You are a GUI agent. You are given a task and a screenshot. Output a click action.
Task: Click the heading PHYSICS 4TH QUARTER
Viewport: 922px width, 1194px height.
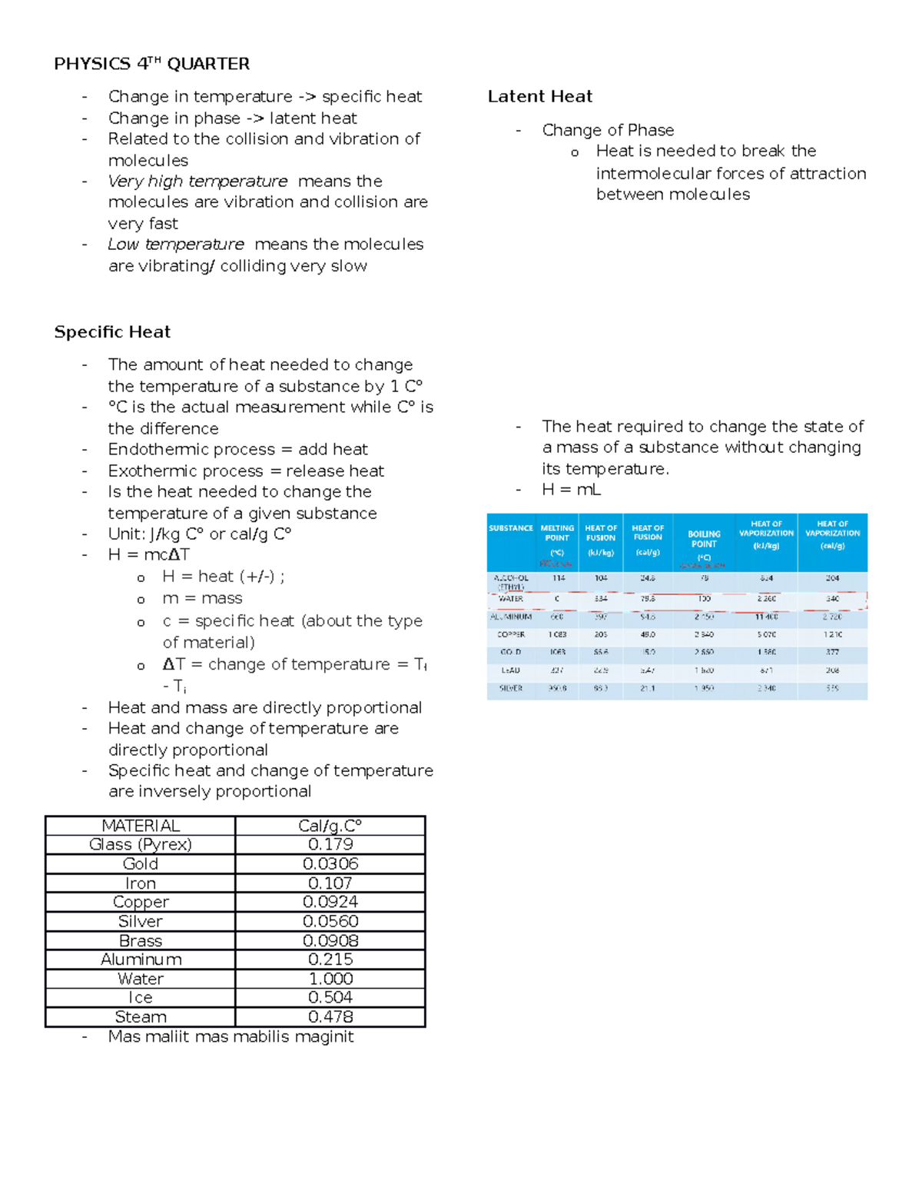click(151, 64)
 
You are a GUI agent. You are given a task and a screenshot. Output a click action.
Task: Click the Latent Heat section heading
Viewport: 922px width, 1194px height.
click(539, 97)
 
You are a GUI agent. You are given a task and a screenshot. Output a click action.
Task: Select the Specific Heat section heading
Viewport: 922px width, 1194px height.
click(112, 332)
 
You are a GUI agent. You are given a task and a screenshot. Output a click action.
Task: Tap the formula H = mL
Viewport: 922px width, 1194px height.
click(571, 490)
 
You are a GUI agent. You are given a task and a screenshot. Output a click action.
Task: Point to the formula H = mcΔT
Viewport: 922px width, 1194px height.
click(148, 555)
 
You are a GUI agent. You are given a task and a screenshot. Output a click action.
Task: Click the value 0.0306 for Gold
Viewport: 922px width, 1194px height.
click(330, 864)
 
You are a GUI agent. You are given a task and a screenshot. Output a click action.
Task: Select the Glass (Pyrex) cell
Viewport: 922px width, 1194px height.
click(141, 845)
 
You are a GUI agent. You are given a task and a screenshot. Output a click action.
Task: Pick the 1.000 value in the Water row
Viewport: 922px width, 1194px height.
click(330, 979)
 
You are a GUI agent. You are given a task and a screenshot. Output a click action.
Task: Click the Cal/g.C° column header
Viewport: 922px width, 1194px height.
click(330, 826)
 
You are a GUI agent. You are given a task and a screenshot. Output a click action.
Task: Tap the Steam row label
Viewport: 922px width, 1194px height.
click(141, 1017)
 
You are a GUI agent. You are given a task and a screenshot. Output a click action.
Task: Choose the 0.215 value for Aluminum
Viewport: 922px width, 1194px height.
click(330, 960)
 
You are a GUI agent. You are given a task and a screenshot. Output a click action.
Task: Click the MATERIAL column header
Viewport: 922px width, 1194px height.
click(141, 826)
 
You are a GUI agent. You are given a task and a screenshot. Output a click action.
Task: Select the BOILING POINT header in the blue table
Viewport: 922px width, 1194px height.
click(704, 539)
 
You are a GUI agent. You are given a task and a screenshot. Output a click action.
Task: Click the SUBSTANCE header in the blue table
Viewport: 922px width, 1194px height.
click(511, 528)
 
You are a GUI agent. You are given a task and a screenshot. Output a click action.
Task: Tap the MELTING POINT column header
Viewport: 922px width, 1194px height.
click(557, 533)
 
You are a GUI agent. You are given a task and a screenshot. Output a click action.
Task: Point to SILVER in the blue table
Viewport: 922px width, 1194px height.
click(511, 688)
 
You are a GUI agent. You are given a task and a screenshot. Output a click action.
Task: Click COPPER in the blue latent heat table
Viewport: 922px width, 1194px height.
click(511, 634)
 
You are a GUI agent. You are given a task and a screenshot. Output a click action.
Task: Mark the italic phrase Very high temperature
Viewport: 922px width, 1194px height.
click(197, 181)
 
